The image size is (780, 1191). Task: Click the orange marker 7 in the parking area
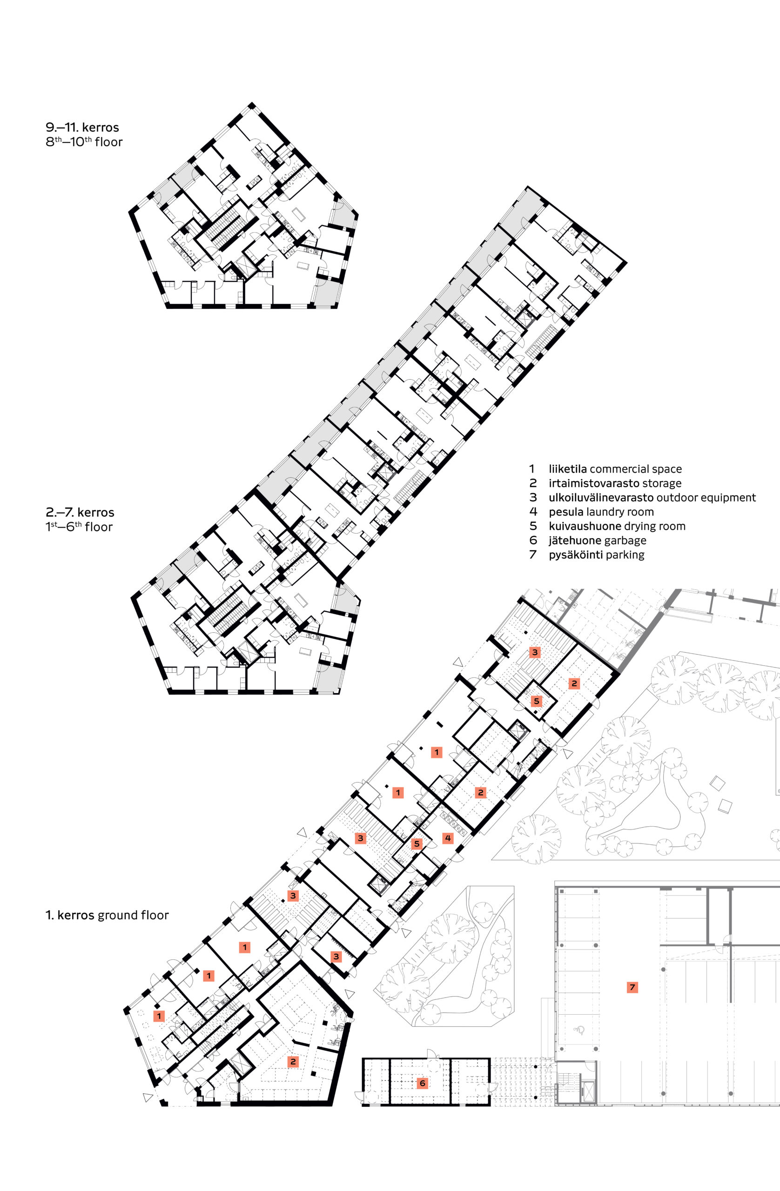pos(632,987)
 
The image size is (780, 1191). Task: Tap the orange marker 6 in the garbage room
pos(423,1083)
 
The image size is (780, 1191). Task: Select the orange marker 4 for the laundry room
pos(448,838)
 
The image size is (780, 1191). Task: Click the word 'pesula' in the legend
pos(566,511)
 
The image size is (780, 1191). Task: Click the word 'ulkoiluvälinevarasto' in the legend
pos(601,497)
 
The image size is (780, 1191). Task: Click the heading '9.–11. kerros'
pos(82,127)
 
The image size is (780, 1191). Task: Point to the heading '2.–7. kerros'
pos(80,512)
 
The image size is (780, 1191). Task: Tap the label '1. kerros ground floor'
pos(107,915)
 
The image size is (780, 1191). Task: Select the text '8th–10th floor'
pos(84,141)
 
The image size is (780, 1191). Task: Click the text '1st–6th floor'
pos(79,527)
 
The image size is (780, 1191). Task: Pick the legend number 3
pos(533,497)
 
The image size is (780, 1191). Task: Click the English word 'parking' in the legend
pos(625,555)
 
